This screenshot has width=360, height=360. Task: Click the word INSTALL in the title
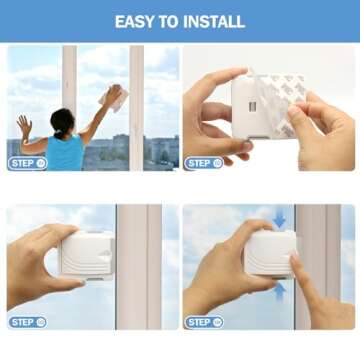(x=218, y=22)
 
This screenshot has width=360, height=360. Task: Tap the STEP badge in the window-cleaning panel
(x=28, y=163)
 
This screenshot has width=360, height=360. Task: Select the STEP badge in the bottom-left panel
(x=28, y=322)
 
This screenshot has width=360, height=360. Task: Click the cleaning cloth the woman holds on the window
(x=117, y=97)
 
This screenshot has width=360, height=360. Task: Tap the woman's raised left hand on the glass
(x=24, y=125)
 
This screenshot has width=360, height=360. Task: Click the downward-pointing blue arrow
(x=279, y=218)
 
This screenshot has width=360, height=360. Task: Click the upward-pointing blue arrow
(x=279, y=288)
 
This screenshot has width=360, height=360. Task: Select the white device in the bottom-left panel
(x=88, y=255)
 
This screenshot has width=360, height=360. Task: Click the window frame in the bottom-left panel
(x=137, y=265)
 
